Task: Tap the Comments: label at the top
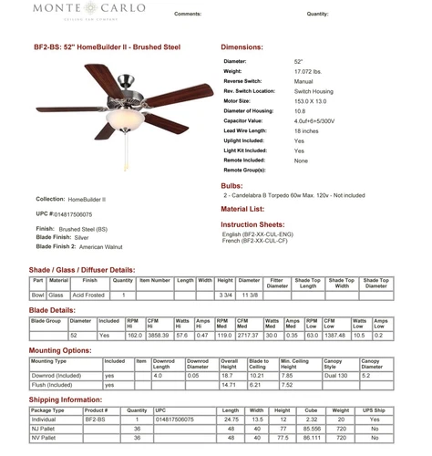[187, 16]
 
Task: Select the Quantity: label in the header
[318, 16]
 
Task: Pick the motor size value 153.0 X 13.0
[310, 100]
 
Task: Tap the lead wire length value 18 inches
[306, 130]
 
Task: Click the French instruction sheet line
[264, 241]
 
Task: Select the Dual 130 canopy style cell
[336, 375]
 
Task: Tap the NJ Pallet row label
[48, 427]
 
